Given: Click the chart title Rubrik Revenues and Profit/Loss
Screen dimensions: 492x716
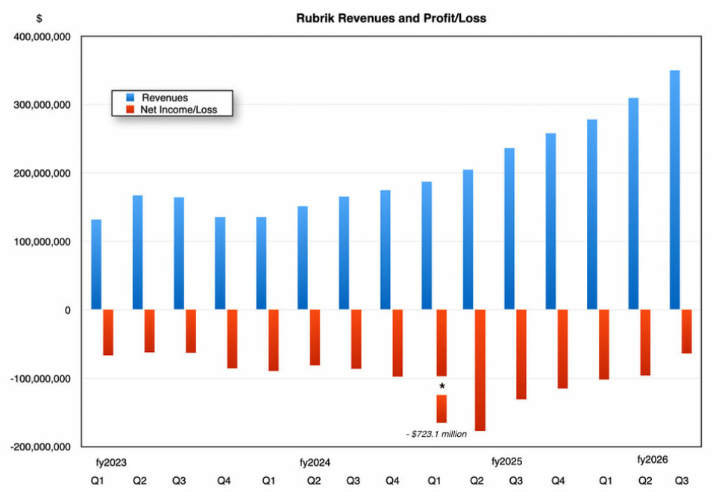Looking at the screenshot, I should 391,17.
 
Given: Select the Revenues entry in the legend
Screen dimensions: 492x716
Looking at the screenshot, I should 165,98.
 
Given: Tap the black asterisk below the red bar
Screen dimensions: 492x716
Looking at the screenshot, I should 442,386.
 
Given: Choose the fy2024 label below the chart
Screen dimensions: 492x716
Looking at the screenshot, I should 315,461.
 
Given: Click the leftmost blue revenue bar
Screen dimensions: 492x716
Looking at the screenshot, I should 96,265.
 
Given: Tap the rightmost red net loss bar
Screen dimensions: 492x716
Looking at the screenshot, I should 686,332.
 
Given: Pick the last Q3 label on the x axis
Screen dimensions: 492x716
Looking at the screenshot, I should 682,480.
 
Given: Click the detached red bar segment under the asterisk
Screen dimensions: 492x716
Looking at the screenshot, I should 442,409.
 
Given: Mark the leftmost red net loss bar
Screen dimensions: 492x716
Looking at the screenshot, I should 108,332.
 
